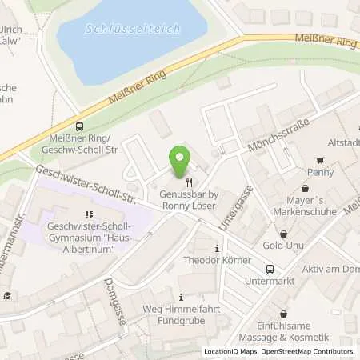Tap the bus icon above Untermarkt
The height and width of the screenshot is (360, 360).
pos(270,269)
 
